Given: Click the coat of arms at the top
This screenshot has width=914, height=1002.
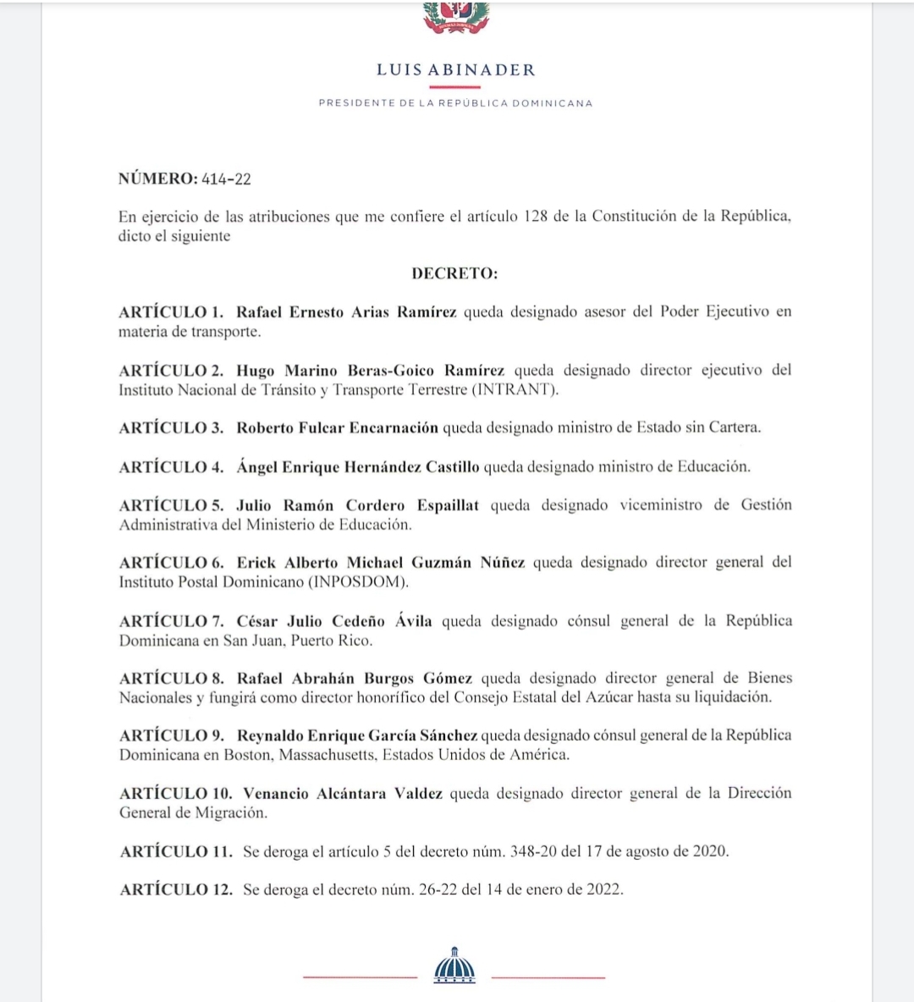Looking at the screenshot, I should point(456,18).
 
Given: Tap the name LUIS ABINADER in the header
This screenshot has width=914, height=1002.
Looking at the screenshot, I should point(456,70).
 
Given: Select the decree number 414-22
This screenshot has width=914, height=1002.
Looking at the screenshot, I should point(226,179).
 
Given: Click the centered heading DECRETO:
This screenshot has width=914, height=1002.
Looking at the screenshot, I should point(454,273).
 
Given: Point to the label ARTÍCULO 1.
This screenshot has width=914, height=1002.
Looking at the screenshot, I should point(172,312).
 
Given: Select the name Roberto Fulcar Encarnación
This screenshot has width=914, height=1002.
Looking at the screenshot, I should point(337,427).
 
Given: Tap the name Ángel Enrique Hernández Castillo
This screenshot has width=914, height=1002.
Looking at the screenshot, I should point(357,467).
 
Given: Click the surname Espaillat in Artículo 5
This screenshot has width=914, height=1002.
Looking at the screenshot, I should point(448,505).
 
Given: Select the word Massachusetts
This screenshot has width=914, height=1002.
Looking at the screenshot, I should point(328,755).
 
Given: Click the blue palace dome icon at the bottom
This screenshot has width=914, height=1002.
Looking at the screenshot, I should point(454,966).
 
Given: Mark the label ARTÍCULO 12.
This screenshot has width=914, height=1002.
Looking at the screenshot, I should point(175,889).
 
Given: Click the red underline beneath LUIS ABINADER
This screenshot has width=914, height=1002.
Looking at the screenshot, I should point(455,87).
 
